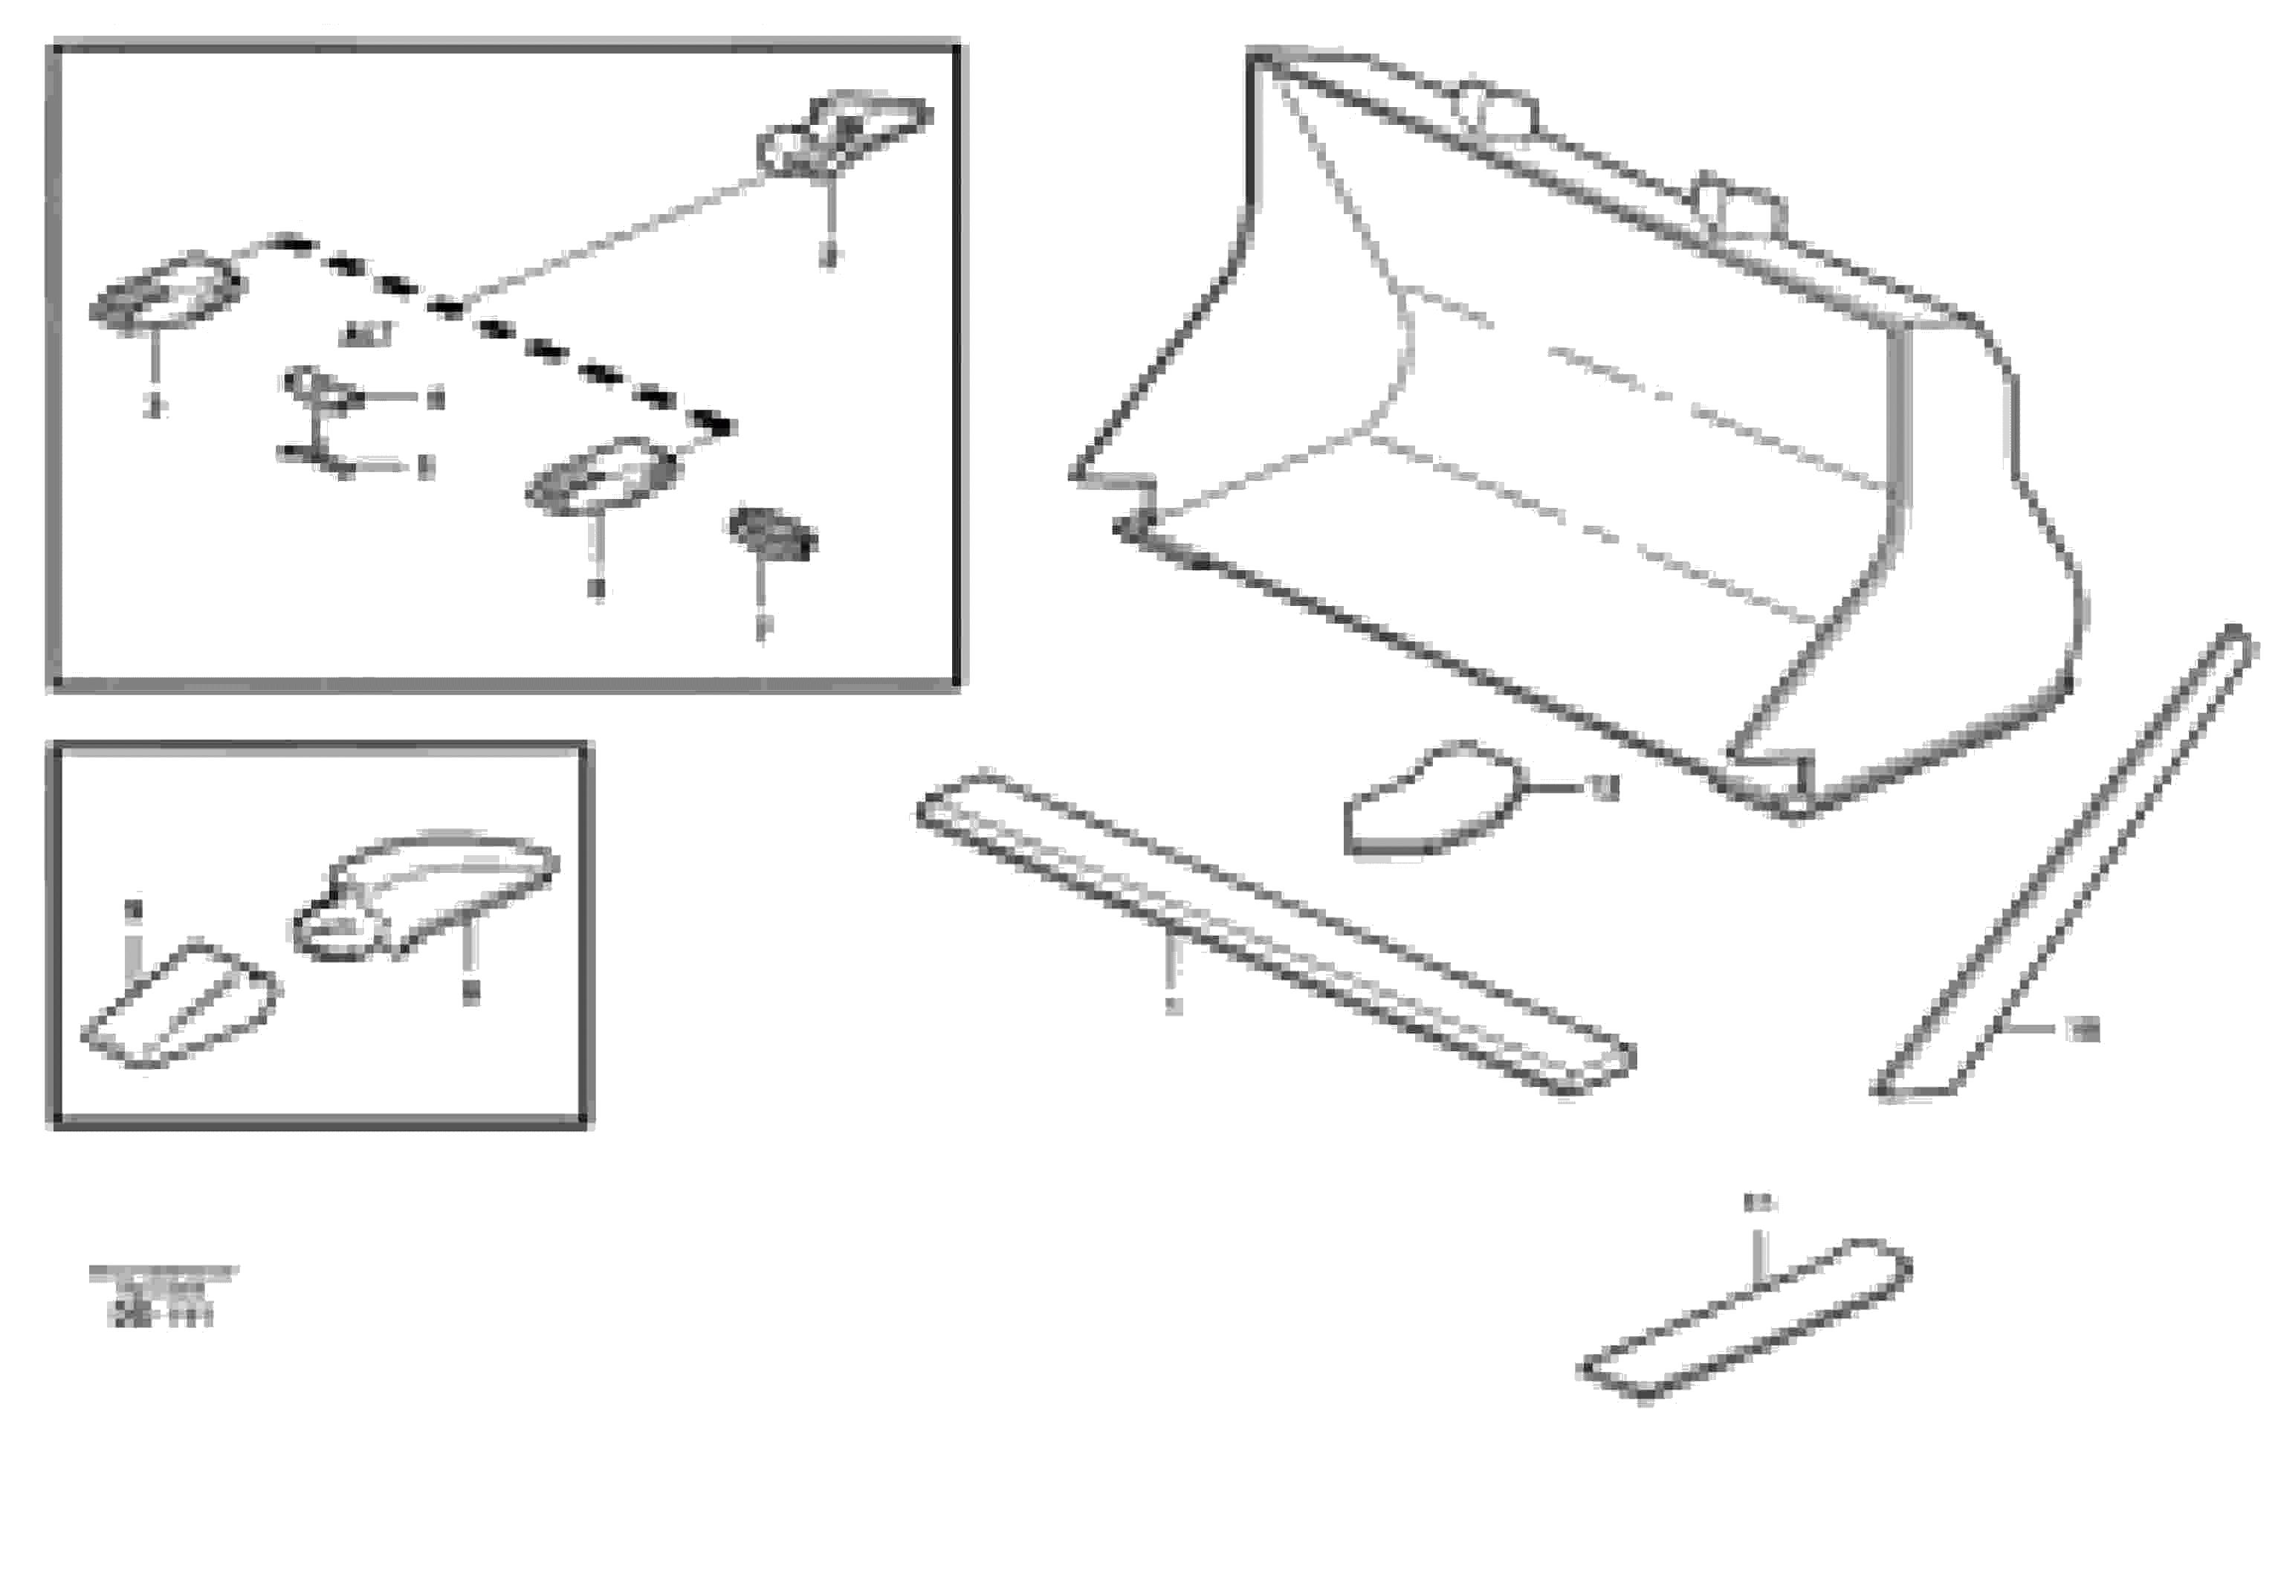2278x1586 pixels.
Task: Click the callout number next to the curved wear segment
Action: [x=1605, y=788]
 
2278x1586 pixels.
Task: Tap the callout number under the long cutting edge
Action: [x=1174, y=1006]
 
